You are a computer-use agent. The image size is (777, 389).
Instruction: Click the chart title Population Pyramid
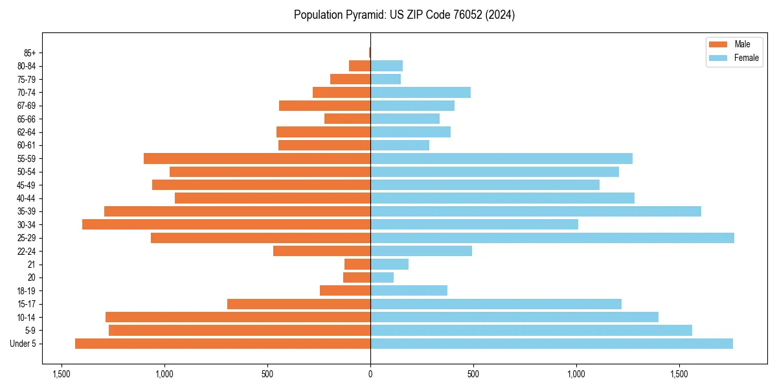(x=404, y=15)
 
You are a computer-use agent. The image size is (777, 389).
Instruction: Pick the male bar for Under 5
(x=223, y=344)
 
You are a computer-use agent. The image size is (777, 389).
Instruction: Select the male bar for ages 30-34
(x=226, y=224)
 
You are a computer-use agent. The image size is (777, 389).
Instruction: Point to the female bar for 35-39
(x=535, y=211)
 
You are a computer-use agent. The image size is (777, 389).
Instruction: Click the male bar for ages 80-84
(x=359, y=65)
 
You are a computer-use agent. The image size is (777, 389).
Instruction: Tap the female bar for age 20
(x=382, y=277)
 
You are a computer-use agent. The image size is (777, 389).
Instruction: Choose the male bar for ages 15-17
(x=298, y=304)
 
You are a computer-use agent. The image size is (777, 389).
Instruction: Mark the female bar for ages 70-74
(x=420, y=93)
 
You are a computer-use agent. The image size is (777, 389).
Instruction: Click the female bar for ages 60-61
(x=400, y=145)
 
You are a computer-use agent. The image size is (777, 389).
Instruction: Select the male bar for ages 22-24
(x=322, y=251)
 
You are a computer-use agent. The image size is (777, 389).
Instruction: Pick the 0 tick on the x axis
(x=370, y=374)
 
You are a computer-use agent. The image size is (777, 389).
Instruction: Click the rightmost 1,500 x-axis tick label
(x=679, y=374)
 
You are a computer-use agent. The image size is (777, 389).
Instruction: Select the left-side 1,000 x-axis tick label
(x=164, y=374)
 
